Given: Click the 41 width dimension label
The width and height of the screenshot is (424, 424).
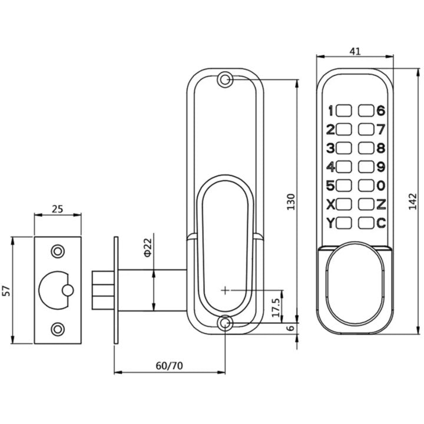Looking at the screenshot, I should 355,51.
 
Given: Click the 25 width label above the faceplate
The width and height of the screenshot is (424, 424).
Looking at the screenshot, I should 58,209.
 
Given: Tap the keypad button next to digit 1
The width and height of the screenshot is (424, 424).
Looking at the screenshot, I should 344,110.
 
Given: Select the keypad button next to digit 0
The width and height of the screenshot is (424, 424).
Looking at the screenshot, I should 366,185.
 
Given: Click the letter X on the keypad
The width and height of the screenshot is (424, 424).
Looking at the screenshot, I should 330,204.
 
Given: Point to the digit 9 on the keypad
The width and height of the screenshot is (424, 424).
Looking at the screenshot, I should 381,167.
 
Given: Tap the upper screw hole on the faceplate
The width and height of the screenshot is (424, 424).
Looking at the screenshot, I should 58,251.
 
